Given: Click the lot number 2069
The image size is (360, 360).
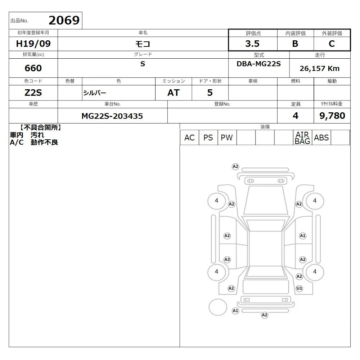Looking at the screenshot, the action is [64, 21].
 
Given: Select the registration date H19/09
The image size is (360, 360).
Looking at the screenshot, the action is [33, 44].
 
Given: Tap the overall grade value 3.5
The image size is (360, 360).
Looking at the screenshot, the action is [252, 44].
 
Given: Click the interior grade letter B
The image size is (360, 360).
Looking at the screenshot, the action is [295, 44].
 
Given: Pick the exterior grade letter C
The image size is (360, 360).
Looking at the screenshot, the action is [332, 44].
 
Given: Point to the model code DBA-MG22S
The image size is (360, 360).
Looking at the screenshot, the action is [259, 64].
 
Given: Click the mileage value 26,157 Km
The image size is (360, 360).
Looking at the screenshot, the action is [320, 68].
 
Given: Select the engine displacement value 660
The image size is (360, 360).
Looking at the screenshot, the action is [33, 68].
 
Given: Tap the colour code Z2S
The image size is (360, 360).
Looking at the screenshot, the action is [33, 93].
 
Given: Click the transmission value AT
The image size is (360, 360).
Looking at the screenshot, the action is [174, 93].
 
